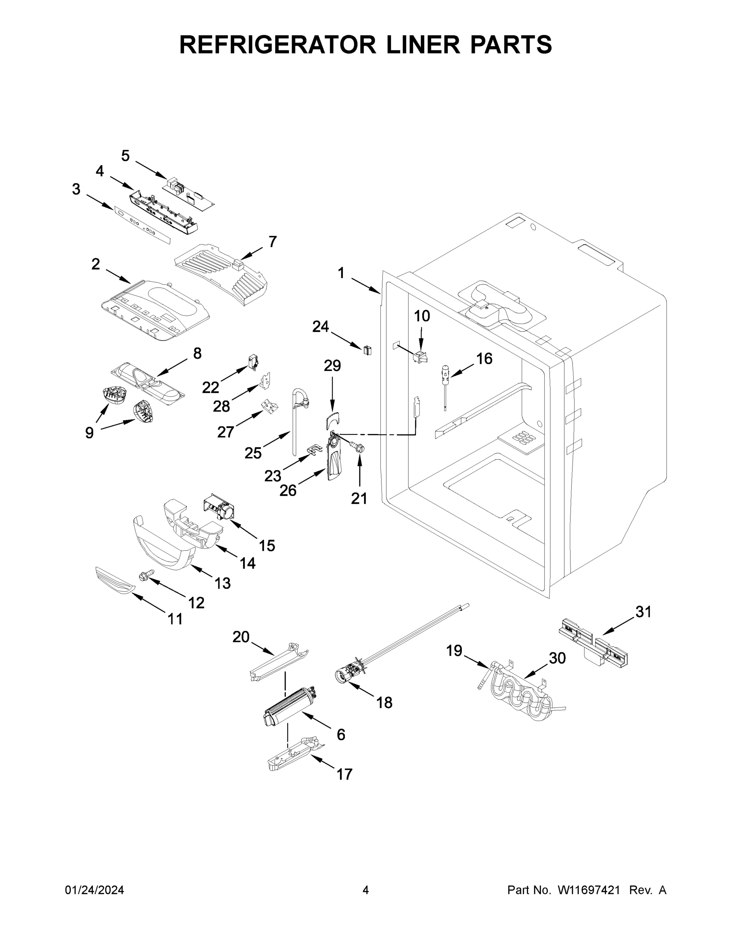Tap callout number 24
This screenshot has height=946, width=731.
[x=320, y=327]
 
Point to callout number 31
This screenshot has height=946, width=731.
[x=644, y=612]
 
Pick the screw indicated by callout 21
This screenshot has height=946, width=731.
[x=357, y=447]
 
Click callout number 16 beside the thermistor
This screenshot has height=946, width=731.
[x=484, y=358]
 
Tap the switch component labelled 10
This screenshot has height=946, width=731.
[x=420, y=358]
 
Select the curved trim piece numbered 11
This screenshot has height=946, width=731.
[x=115, y=581]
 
